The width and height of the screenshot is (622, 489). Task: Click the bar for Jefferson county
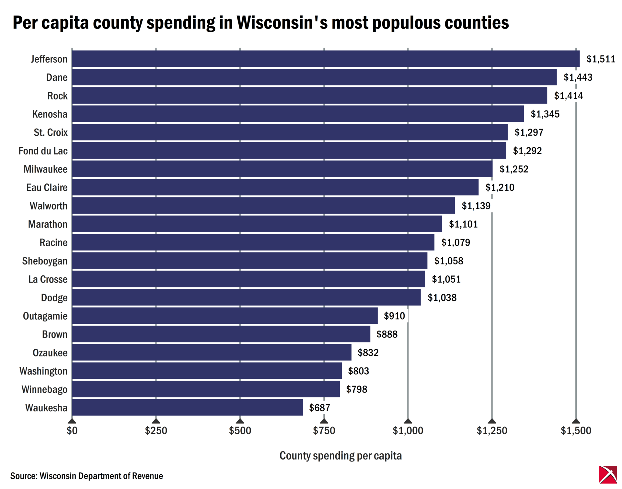coord(326,59)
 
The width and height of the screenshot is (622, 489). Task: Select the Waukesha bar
coord(187,407)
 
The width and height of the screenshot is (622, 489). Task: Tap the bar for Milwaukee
coord(282,169)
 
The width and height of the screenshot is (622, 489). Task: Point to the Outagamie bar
coord(225,316)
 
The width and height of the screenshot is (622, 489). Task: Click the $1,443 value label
coord(578,77)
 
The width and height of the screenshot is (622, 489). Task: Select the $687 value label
coord(319,407)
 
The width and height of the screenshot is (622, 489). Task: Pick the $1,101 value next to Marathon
coord(463,224)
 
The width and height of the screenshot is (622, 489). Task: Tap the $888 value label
coord(387,334)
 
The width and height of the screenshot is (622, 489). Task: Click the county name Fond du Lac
coord(43,151)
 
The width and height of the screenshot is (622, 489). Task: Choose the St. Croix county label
coord(51,132)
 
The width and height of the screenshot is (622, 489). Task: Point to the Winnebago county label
coord(44,389)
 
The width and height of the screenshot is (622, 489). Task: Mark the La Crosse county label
coord(48,279)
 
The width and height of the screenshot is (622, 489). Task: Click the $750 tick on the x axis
coord(324,430)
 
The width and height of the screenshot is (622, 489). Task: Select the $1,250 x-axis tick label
coord(492,430)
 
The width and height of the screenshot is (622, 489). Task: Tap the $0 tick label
coord(72,430)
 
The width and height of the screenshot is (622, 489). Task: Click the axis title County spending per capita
coord(340,456)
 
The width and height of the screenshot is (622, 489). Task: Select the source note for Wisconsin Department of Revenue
coord(86,476)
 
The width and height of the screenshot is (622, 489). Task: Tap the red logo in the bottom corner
coord(608,474)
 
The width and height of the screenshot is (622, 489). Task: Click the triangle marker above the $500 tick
coord(240,421)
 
